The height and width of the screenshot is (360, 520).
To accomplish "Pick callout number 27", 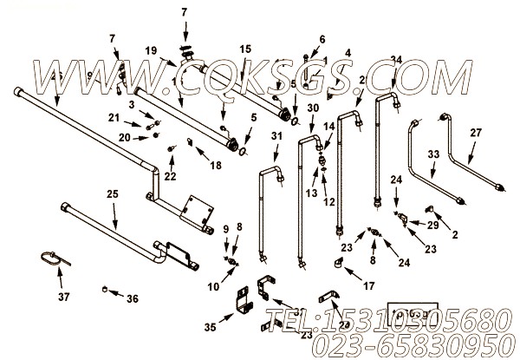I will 475,133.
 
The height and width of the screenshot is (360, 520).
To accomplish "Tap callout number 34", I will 396,59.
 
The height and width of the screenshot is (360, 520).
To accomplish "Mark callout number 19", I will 151,50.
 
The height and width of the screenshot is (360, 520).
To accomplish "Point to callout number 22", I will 171,176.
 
